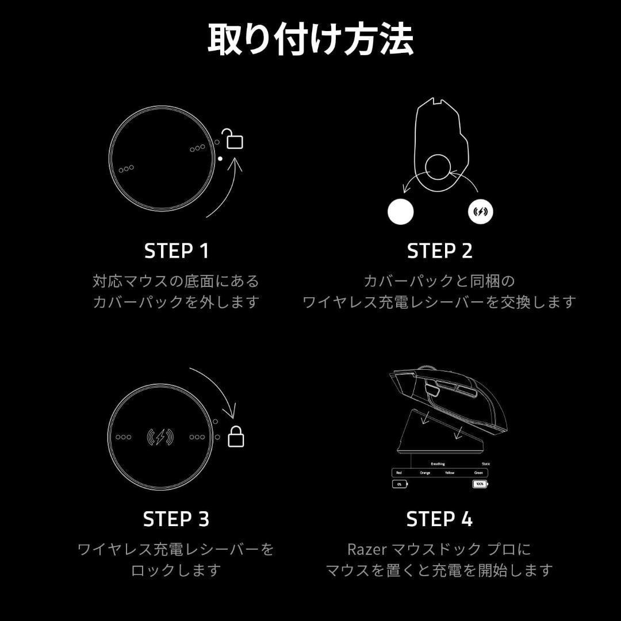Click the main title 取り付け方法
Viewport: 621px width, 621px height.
310,40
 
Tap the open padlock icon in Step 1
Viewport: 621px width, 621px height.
233,139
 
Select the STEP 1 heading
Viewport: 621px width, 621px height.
177,251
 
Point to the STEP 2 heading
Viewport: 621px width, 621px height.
439,251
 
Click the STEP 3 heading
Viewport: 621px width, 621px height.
176,519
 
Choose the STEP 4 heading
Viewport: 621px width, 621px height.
439,519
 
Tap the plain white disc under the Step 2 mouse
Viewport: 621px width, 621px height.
401,212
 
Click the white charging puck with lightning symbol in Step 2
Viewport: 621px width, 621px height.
480,212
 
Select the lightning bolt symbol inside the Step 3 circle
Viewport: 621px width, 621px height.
160,437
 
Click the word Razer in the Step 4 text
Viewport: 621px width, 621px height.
367,550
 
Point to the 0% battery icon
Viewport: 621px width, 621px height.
400,484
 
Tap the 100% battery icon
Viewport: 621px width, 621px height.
479,484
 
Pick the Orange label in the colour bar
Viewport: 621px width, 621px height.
425,473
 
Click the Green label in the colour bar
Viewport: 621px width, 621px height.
478,473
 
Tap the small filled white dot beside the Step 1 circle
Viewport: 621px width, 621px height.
220,158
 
